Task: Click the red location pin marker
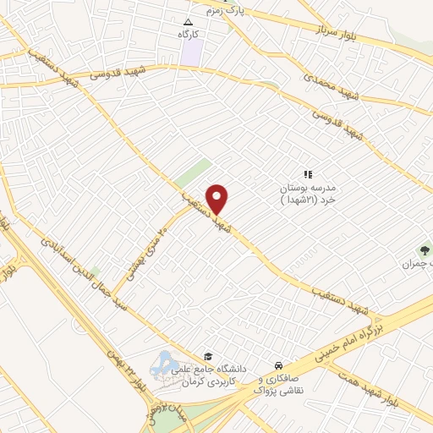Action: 218,200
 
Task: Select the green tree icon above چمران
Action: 424,249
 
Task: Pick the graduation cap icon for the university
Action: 208,356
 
